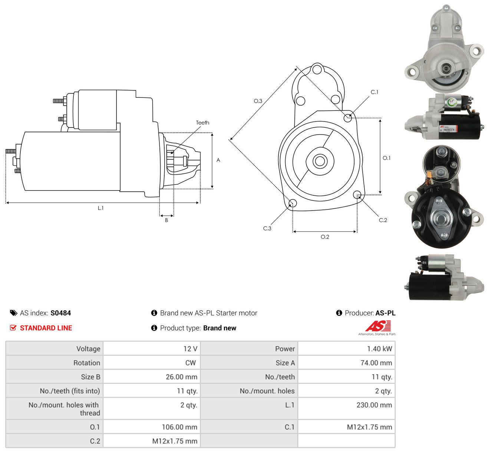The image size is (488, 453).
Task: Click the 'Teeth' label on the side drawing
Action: pyautogui.click(x=202, y=123)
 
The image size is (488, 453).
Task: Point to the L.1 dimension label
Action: pyautogui.click(x=100, y=208)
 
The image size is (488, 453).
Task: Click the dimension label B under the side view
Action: pyautogui.click(x=166, y=220)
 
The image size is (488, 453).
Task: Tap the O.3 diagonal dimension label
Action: pyautogui.click(x=258, y=101)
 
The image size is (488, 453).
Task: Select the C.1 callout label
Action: pyautogui.click(x=374, y=92)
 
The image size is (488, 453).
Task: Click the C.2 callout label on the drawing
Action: pyautogui.click(x=383, y=220)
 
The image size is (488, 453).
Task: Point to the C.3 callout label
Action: pyautogui.click(x=267, y=228)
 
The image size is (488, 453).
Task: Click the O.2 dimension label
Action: pyautogui.click(x=324, y=237)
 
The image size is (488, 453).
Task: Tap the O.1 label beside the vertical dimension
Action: pyautogui.click(x=386, y=158)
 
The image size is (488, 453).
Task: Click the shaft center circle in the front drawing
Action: pyautogui.click(x=320, y=161)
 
